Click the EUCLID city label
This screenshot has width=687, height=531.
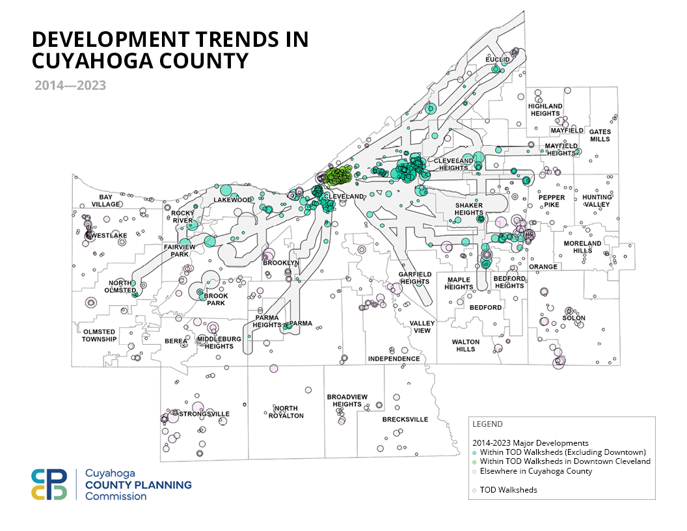tap(496, 59)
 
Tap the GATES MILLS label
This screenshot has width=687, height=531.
tap(600, 135)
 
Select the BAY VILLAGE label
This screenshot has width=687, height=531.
tap(106, 200)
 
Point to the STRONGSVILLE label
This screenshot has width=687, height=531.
tap(204, 414)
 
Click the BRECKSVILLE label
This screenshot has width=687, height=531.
tap(405, 419)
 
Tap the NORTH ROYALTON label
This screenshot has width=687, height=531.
tap(286, 412)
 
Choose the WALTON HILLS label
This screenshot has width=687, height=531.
tap(465, 345)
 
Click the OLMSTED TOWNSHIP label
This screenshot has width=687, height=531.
tap(99, 335)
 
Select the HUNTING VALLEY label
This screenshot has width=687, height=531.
tap(597, 200)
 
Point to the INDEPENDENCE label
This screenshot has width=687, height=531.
tap(394, 359)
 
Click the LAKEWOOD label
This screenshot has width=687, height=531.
tap(232, 200)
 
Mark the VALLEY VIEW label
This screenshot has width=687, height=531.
tap(422, 327)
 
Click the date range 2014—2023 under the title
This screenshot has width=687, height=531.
tap(70, 85)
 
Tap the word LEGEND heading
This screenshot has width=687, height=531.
tap(487, 424)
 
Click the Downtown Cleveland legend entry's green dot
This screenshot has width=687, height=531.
tap(475, 461)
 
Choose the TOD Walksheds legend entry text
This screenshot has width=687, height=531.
tap(508, 490)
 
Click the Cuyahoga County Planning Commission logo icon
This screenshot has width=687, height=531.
tap(49, 484)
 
